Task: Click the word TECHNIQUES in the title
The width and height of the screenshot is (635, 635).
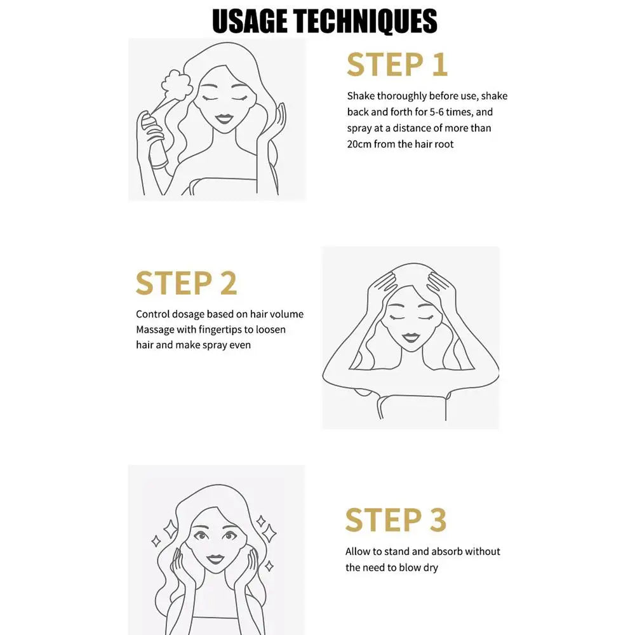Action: pos(366,21)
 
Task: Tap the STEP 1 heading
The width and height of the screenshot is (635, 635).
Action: pos(398,64)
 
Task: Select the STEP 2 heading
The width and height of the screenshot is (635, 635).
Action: pos(186,283)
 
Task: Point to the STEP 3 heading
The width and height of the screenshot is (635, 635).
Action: pos(396,520)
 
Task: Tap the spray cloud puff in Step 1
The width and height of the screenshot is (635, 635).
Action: pos(176,86)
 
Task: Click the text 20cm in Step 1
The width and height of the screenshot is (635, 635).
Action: pos(359,144)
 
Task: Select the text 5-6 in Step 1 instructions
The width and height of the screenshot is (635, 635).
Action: pos(437,112)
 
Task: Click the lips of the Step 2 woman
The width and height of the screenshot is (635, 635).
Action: pos(411,338)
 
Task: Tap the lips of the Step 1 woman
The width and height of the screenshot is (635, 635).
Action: pos(224,119)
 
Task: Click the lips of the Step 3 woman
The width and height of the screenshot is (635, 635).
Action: pos(215,559)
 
